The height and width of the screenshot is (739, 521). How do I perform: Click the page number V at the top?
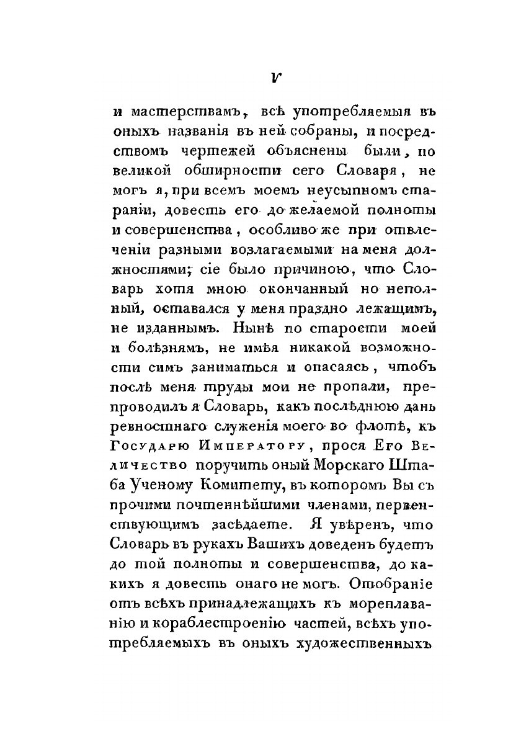[x=260, y=79]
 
